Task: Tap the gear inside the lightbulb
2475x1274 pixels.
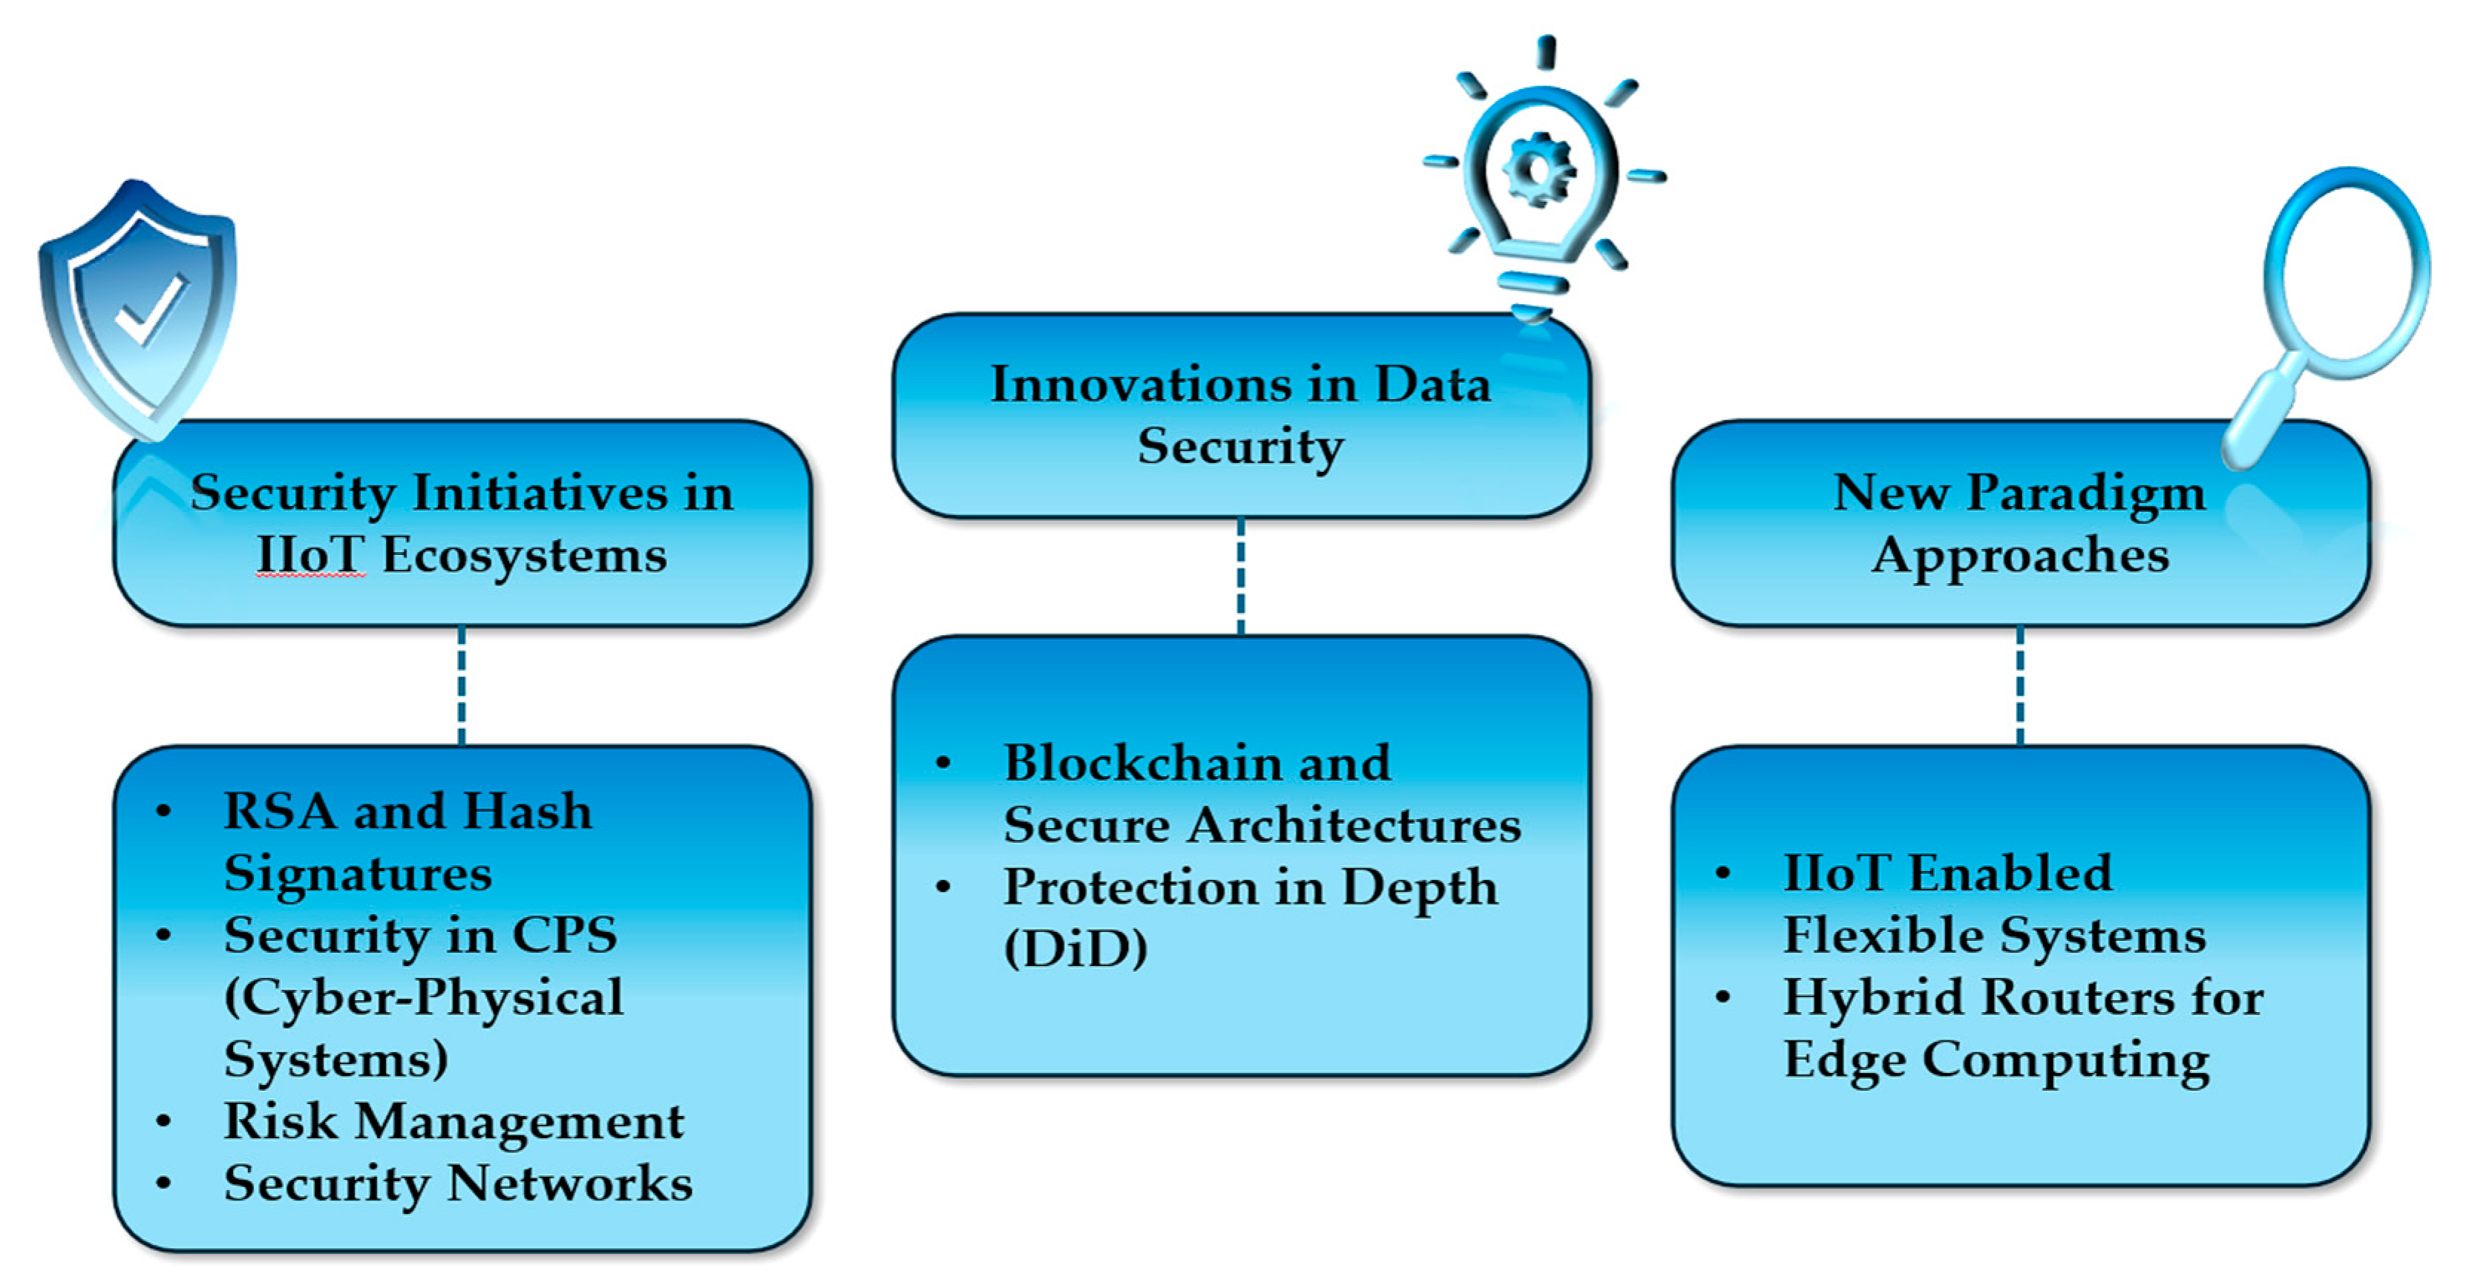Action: pos(1538,171)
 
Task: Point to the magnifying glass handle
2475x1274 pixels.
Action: pos(2263,413)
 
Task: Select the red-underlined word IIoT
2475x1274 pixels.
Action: pos(310,555)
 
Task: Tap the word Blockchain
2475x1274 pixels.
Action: pos(1129,764)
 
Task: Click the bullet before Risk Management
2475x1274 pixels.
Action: pos(163,1121)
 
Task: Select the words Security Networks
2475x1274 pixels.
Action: pos(457,1183)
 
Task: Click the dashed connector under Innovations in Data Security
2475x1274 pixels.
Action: pos(1240,577)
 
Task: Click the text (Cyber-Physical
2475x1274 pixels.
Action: pos(423,998)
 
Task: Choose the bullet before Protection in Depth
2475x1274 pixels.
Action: pos(943,887)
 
